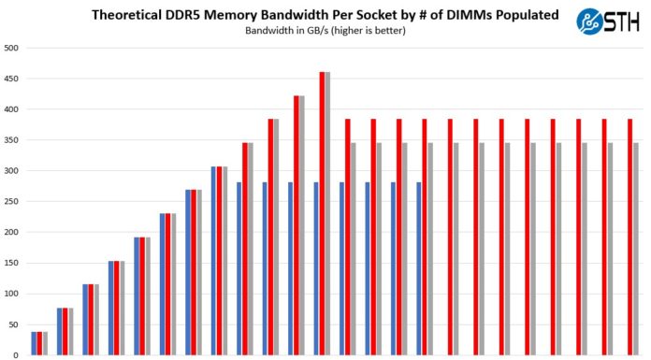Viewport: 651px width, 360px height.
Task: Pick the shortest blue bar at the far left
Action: (x=34, y=343)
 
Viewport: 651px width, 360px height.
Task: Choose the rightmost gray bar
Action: (x=635, y=249)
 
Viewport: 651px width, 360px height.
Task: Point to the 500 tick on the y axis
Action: (x=10, y=48)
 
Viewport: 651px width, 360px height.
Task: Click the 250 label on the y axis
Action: (x=10, y=201)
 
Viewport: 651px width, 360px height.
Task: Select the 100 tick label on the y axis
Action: (x=10, y=294)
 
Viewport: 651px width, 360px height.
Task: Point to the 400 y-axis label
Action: (x=10, y=109)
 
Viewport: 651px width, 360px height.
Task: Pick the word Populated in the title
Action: (x=525, y=16)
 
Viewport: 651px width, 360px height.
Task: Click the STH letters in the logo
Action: (x=617, y=22)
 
